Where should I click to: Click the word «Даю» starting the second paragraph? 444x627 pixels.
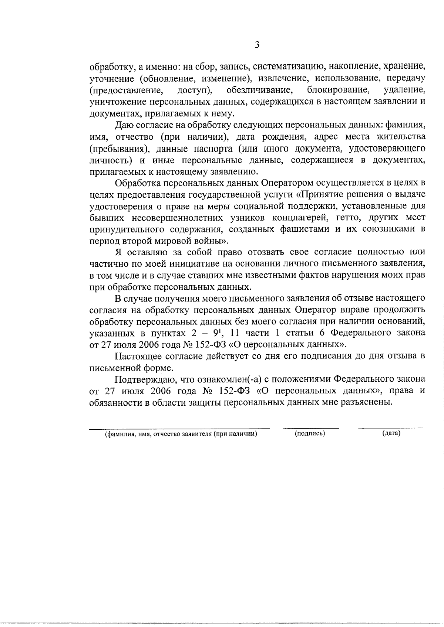123,125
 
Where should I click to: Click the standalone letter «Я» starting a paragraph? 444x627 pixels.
118,252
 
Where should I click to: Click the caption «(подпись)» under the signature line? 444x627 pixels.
310,433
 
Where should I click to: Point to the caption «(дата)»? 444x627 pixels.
391,433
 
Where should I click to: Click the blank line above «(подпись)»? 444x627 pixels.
310,428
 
